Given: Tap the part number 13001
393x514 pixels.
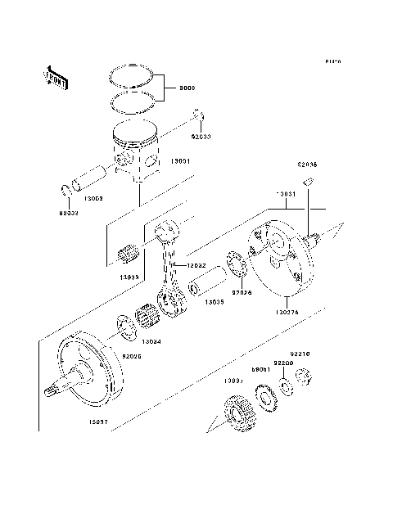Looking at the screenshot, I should click(x=181, y=162).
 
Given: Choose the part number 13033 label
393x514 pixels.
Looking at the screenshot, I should click(x=129, y=277).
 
